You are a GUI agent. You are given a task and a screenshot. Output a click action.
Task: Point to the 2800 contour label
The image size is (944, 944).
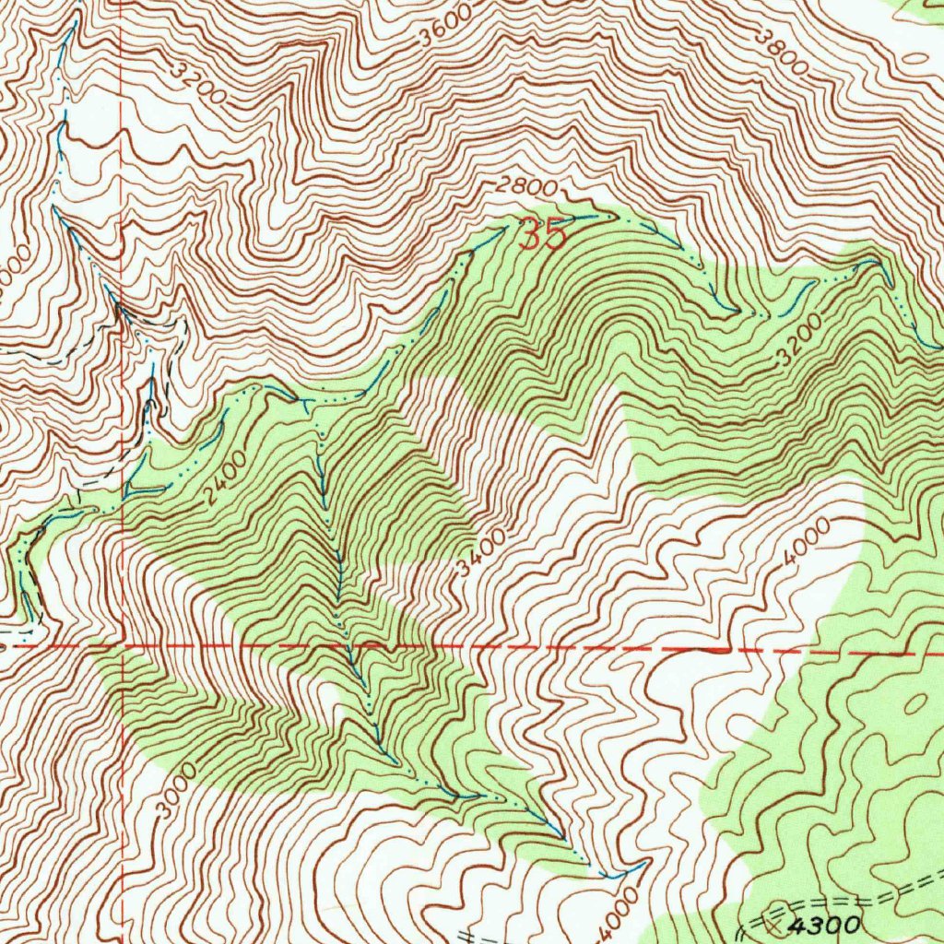[x=526, y=187]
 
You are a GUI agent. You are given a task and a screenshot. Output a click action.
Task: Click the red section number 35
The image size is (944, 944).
[x=542, y=235]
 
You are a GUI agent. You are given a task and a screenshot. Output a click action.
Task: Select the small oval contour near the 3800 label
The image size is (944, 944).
[x=914, y=55]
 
